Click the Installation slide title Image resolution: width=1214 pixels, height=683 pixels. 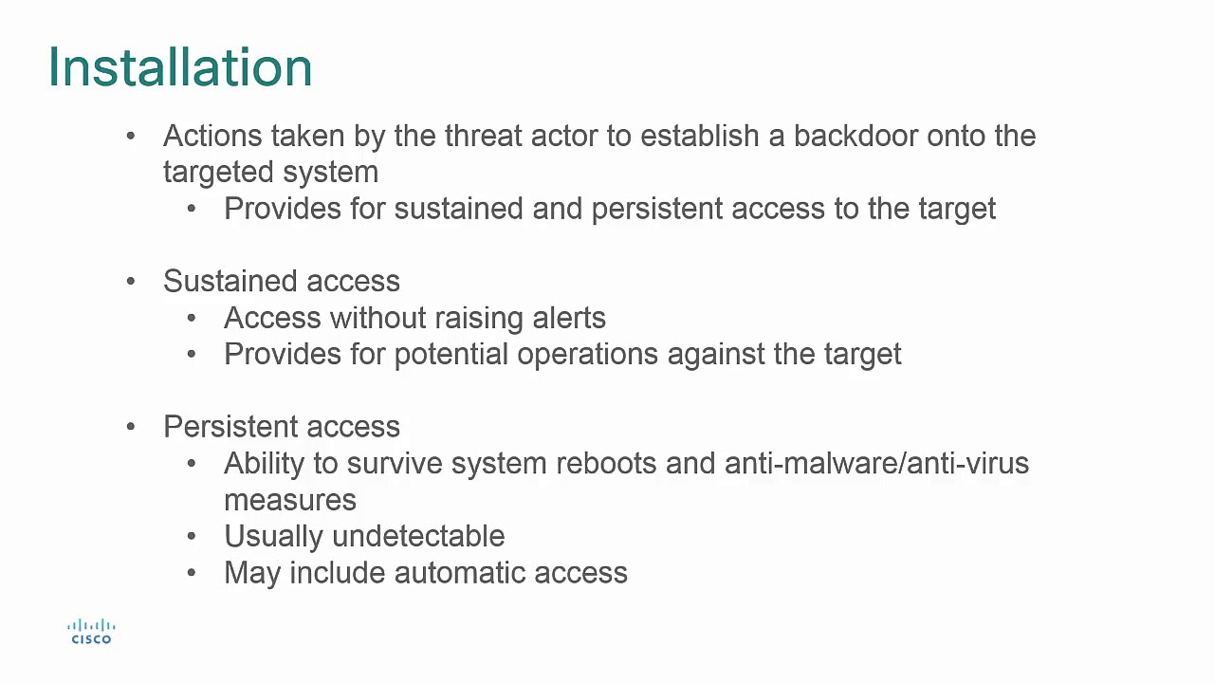click(x=180, y=67)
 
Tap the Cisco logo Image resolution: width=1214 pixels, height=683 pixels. click(x=91, y=632)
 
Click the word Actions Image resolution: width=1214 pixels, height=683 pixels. click(x=212, y=136)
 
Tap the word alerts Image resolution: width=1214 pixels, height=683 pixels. click(x=567, y=318)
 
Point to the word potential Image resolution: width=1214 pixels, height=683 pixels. click(x=451, y=355)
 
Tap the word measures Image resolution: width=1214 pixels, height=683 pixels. click(x=290, y=500)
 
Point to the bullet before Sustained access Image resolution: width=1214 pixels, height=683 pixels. click(x=131, y=282)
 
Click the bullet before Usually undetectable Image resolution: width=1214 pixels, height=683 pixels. click(x=192, y=536)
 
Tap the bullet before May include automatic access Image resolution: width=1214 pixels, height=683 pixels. click(x=192, y=573)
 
